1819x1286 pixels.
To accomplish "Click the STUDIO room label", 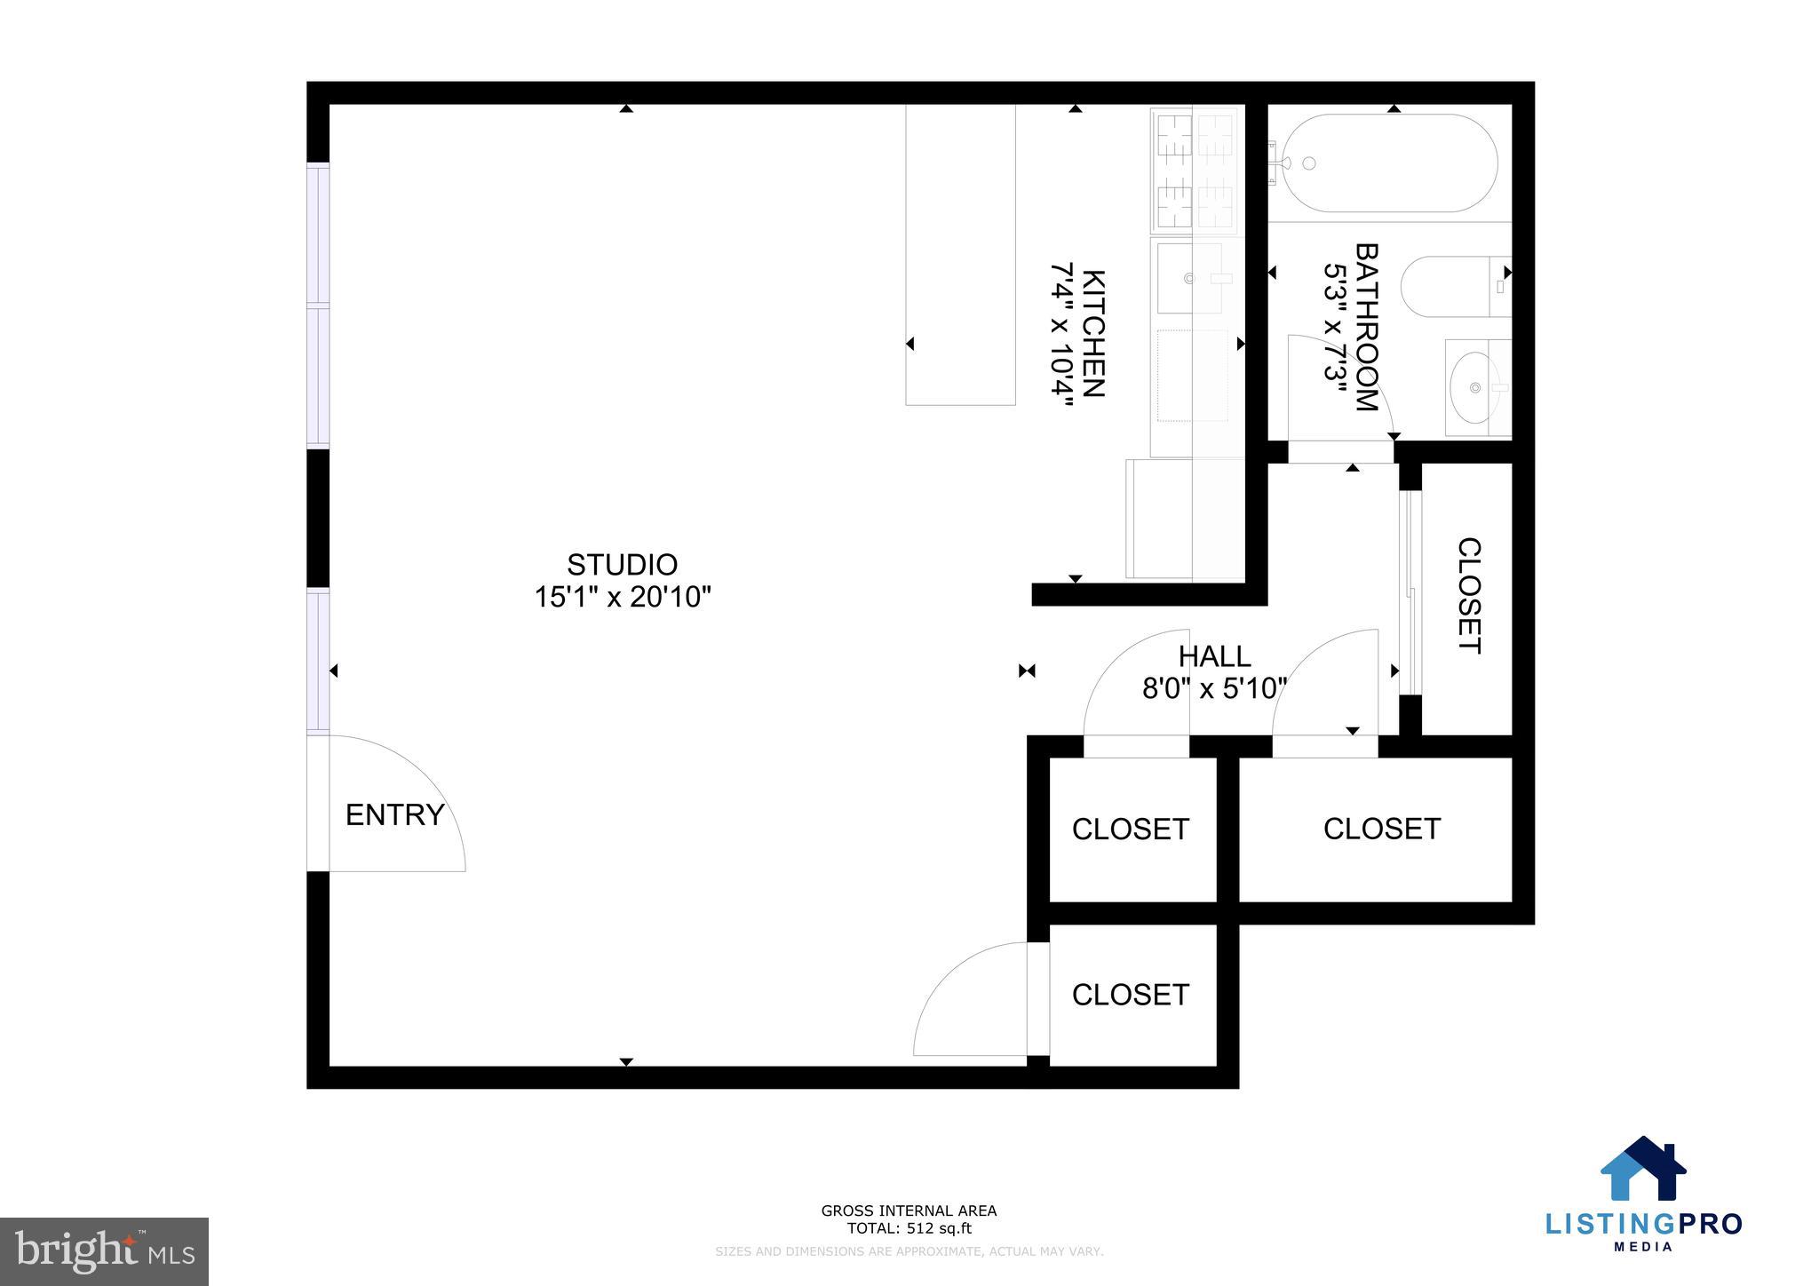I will tap(622, 565).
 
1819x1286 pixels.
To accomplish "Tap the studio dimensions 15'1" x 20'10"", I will tap(622, 597).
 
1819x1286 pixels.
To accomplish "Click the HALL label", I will tap(1214, 656).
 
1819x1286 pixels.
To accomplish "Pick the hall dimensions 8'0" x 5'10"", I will tap(1214, 688).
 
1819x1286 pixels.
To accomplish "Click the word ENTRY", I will tap(394, 814).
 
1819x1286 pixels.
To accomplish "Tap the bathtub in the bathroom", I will tap(1388, 163).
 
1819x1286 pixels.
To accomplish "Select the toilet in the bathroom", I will tap(1455, 286).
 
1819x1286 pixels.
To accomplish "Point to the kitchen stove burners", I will tap(1193, 168).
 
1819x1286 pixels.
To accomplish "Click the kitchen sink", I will tap(1190, 278).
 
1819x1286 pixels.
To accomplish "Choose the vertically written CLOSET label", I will tap(1469, 595).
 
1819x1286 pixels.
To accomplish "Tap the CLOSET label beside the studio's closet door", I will tap(1130, 995).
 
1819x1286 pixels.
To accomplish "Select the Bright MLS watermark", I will tap(105, 1251).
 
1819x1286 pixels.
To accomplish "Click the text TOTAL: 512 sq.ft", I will tap(909, 1229).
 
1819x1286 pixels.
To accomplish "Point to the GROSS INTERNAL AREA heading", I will tap(909, 1211).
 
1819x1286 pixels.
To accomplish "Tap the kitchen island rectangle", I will tap(960, 255).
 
